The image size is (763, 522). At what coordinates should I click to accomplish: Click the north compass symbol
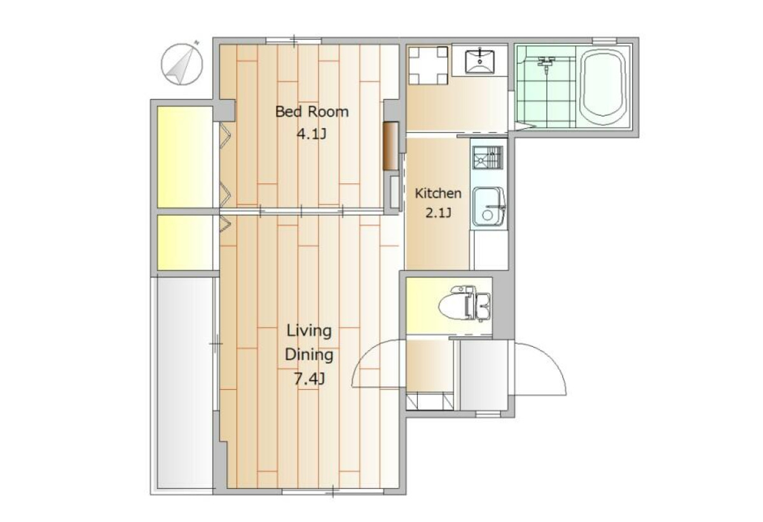pyautogui.click(x=182, y=64)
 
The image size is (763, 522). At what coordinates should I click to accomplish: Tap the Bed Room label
pyautogui.click(x=312, y=112)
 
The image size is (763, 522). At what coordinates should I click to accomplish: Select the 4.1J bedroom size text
pyautogui.click(x=312, y=134)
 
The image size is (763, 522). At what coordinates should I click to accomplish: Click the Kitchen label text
pyautogui.click(x=438, y=194)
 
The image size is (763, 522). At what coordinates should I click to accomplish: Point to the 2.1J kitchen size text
pyautogui.click(x=438, y=213)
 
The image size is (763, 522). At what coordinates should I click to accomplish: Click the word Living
pyautogui.click(x=309, y=331)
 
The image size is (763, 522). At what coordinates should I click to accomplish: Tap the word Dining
pyautogui.click(x=309, y=355)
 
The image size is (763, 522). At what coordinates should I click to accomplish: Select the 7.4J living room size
pyautogui.click(x=309, y=379)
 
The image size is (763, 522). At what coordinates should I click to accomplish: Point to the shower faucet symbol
pyautogui.click(x=546, y=64)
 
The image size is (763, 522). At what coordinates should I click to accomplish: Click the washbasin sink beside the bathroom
pyautogui.click(x=479, y=61)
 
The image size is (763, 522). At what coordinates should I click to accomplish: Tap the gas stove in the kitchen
pyautogui.click(x=488, y=157)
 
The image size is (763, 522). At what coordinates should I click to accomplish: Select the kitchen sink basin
pyautogui.click(x=488, y=207)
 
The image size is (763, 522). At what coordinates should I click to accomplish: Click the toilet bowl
pyautogui.click(x=465, y=304)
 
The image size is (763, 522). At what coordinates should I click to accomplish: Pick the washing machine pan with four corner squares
pyautogui.click(x=428, y=66)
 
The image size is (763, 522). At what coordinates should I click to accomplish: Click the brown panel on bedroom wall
pyautogui.click(x=390, y=146)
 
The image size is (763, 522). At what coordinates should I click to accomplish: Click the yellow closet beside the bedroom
pyautogui.click(x=185, y=157)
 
